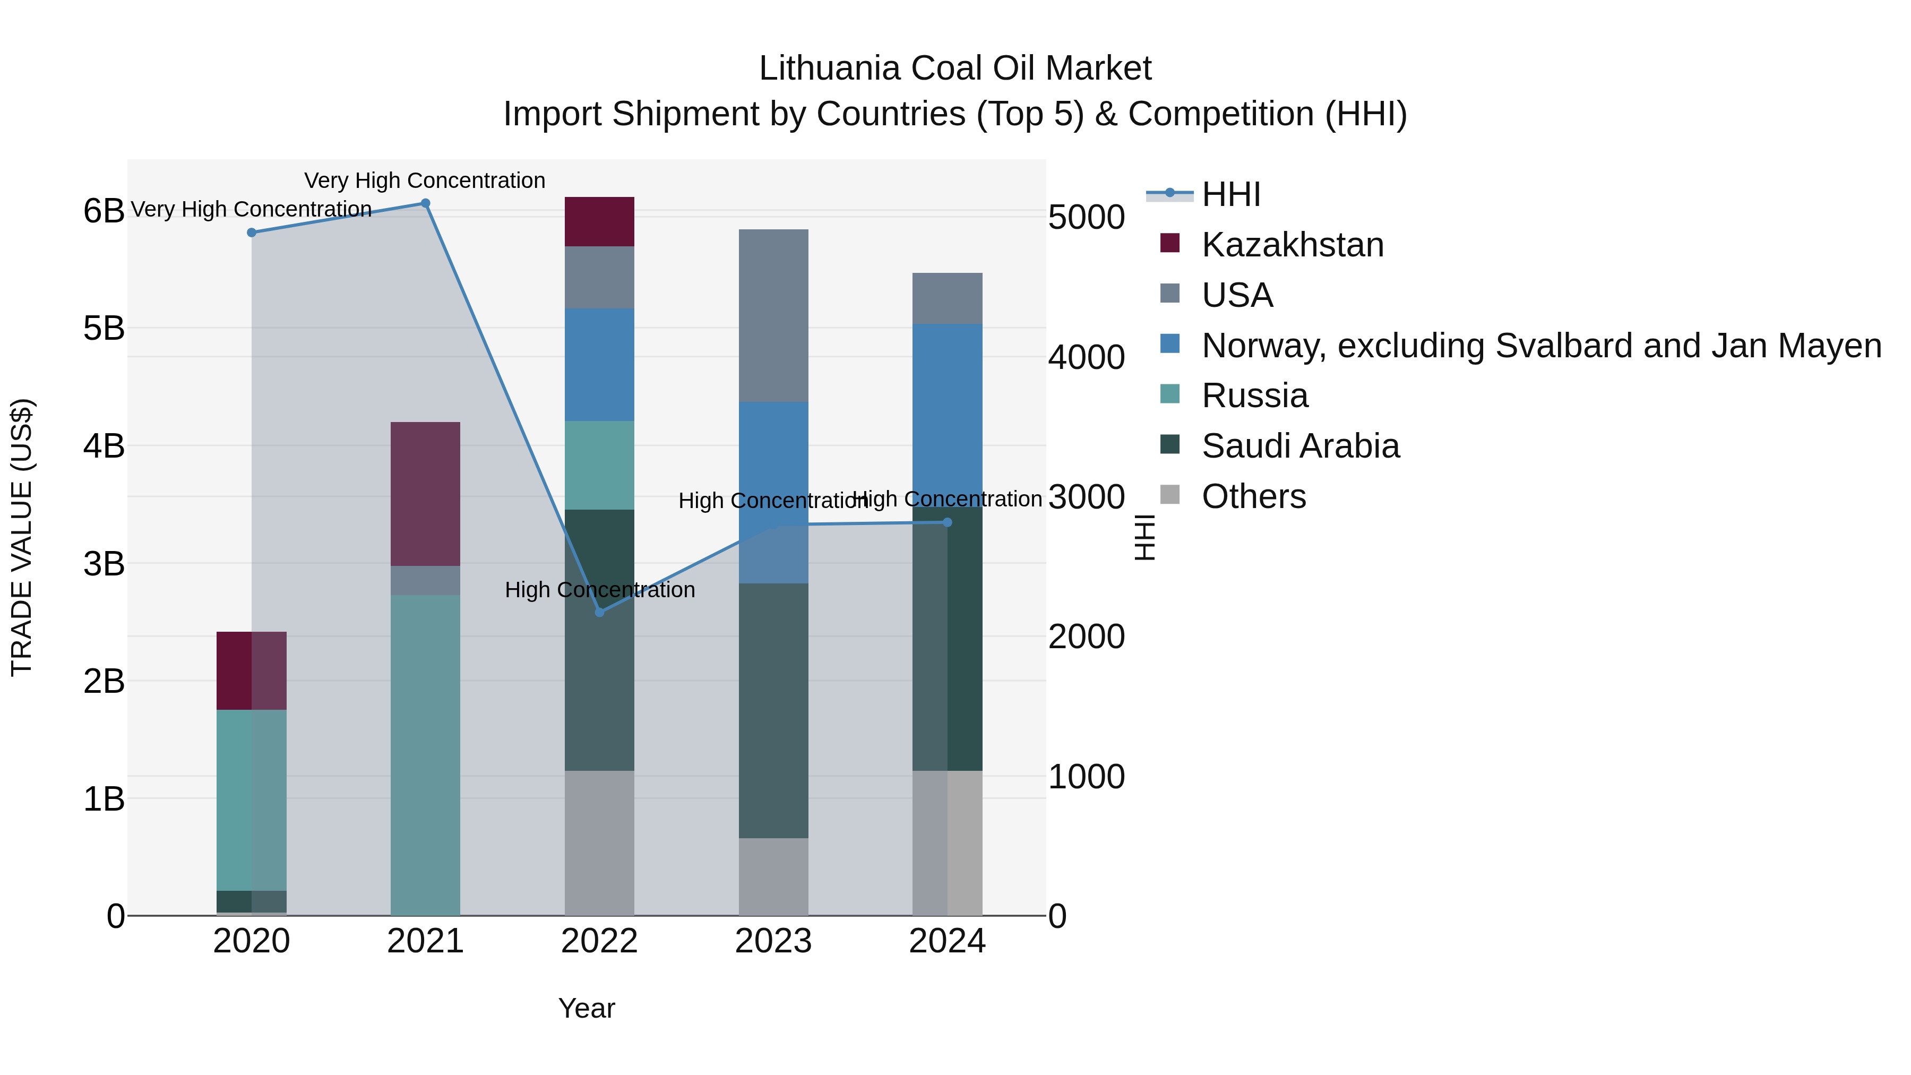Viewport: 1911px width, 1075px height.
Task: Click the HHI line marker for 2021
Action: click(x=425, y=203)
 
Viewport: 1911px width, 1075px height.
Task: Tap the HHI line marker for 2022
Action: click(x=599, y=612)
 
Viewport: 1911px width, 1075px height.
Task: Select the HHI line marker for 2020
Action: click(x=252, y=232)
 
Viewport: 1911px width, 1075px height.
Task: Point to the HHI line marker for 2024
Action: click(x=948, y=522)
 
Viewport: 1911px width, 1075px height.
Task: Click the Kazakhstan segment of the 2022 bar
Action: click(x=599, y=221)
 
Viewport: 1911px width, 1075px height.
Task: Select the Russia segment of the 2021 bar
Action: click(x=425, y=754)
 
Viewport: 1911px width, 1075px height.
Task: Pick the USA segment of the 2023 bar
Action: click(x=773, y=315)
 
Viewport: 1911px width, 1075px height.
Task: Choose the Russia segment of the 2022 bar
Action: click(x=599, y=465)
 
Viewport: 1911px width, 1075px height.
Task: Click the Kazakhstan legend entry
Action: click(x=1292, y=245)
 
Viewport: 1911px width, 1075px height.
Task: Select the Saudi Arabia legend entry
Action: click(x=1301, y=446)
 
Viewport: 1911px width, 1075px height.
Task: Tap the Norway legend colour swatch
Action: click(x=1170, y=344)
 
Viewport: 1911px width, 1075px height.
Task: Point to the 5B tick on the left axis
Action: click(x=104, y=329)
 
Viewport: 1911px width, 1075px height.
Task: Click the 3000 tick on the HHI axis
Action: click(x=1086, y=497)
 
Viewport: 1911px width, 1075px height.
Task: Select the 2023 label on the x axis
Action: click(x=773, y=941)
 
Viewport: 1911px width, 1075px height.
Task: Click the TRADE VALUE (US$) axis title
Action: click(x=22, y=537)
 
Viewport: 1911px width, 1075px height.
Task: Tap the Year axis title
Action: click(x=586, y=1008)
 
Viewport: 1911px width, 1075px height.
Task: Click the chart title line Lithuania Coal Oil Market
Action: click(x=955, y=68)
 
